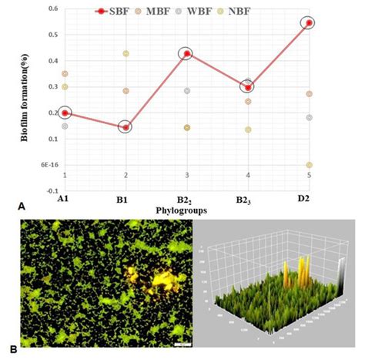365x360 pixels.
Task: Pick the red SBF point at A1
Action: pos(65,113)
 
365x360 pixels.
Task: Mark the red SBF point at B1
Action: pos(126,127)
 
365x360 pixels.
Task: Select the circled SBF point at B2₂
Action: pos(186,53)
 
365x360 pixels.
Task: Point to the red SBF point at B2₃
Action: pos(247,87)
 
